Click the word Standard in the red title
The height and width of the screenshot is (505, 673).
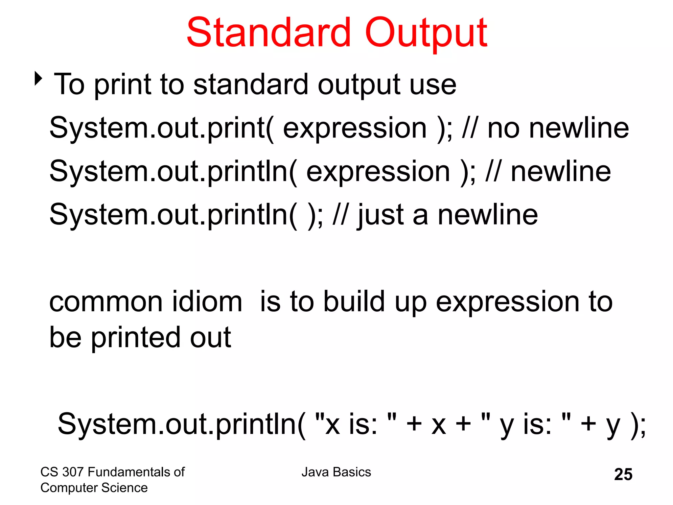tap(269, 33)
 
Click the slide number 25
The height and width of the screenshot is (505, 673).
tap(623, 474)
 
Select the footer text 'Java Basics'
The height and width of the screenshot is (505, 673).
tap(336, 472)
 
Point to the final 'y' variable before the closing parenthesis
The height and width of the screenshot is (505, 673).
tap(613, 426)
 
